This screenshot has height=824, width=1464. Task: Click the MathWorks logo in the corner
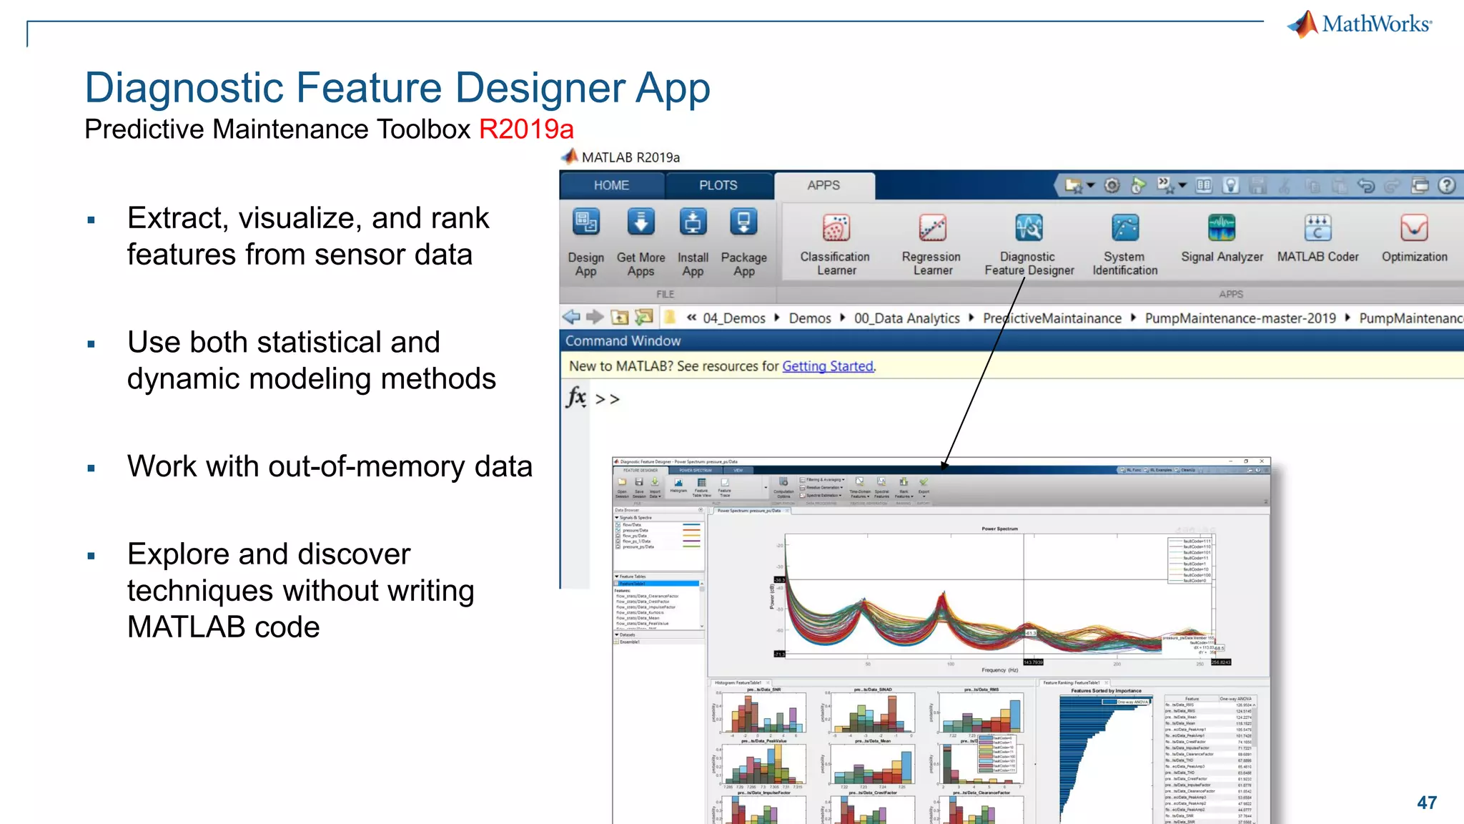coord(1360,24)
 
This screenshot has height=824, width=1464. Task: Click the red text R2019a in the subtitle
coord(526,129)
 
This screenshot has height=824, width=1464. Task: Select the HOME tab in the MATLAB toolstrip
coord(611,185)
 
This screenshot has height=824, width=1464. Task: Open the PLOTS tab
coord(718,185)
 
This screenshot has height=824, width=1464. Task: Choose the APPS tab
coord(823,185)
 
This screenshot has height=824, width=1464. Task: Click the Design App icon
coord(586,222)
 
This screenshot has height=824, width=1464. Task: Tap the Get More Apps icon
coord(640,222)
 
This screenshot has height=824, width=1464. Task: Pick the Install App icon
coord(693,222)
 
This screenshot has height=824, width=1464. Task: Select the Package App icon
coord(743,222)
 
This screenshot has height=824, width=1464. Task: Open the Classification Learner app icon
coord(836,228)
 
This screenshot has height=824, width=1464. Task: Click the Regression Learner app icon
coord(932,228)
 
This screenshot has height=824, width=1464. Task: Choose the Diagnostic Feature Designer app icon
coord(1029,228)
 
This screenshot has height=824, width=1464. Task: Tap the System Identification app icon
coord(1125,228)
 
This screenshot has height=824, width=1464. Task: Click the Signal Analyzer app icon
coord(1222,228)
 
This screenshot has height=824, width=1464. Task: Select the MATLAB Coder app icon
coord(1317,228)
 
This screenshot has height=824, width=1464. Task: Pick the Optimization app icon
coord(1414,228)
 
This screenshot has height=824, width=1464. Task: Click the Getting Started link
coord(828,366)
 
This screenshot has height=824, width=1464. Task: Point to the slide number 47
coord(1427,803)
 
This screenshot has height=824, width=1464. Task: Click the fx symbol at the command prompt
coord(576,397)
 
